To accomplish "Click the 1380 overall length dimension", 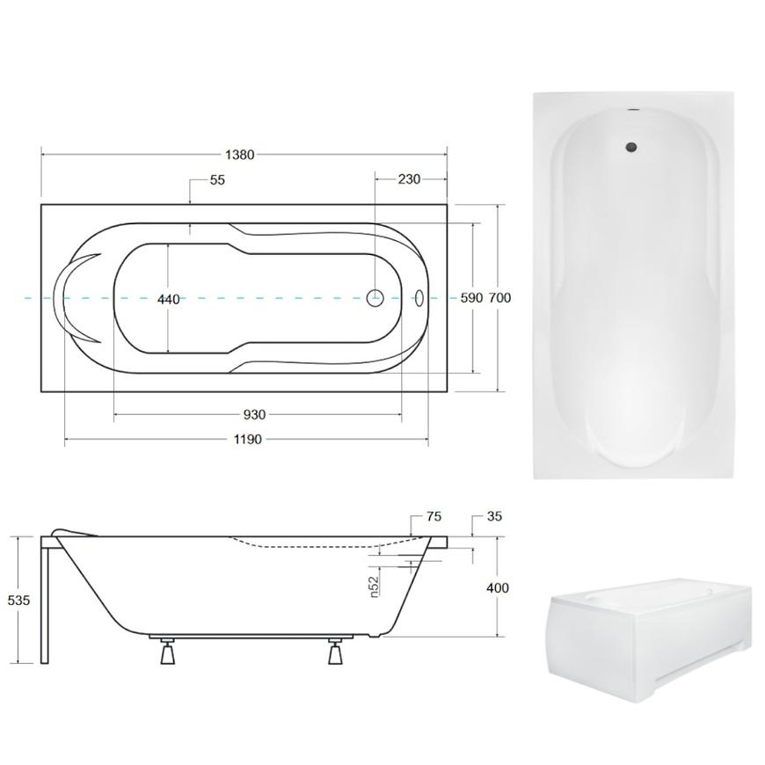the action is [x=239, y=155].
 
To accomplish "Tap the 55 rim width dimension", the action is [x=217, y=180].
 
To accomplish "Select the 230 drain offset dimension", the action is [x=409, y=179].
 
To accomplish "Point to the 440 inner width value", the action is [x=169, y=299].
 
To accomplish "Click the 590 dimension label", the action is [x=471, y=297].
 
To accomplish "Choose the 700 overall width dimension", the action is [x=499, y=297].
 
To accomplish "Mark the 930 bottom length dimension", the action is [x=254, y=415].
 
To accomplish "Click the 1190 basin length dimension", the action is [x=248, y=439].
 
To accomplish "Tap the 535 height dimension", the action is [x=18, y=600].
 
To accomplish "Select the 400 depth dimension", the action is [x=498, y=588].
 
